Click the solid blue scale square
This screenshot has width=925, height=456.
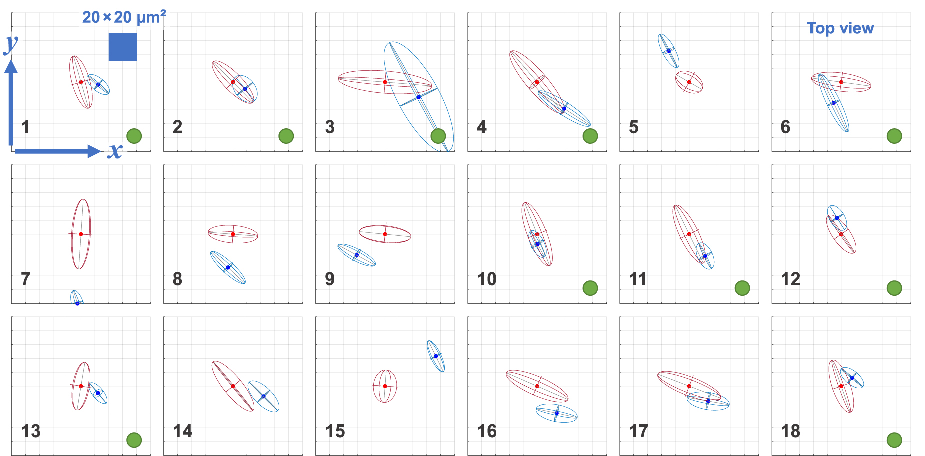click(x=123, y=47)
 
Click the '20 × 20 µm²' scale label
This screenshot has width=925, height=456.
click(x=124, y=17)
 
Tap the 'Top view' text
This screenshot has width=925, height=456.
click(x=840, y=28)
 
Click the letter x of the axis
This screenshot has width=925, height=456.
click(x=115, y=151)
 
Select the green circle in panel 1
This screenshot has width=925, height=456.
click(x=134, y=136)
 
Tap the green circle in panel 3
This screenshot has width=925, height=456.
click(x=438, y=136)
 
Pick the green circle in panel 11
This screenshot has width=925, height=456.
click(x=742, y=288)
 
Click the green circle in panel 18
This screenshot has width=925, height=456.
click(x=894, y=440)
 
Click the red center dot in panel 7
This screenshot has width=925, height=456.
click(x=81, y=234)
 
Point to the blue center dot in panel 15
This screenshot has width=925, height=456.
click(x=436, y=356)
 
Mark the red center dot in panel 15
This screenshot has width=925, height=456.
click(x=385, y=386)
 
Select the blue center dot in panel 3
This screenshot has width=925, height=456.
click(x=419, y=97)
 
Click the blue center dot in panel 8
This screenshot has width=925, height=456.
click(x=228, y=267)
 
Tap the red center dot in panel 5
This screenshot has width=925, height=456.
click(x=689, y=82)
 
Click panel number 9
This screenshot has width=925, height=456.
click(x=330, y=279)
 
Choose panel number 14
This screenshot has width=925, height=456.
click(x=183, y=431)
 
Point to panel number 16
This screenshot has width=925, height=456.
click(x=487, y=431)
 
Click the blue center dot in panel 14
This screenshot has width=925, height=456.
click(x=263, y=396)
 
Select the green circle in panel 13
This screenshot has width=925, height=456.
click(x=134, y=440)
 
